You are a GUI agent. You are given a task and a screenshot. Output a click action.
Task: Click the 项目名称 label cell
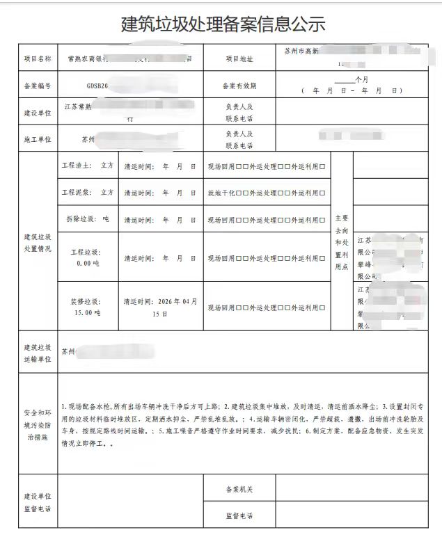(x=38, y=59)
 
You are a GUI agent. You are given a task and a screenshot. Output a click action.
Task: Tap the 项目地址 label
(x=239, y=59)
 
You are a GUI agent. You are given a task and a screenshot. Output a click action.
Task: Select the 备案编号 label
(x=38, y=86)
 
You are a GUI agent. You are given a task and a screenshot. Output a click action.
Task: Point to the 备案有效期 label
(x=239, y=86)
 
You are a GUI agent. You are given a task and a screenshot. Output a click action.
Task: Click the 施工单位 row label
(x=38, y=140)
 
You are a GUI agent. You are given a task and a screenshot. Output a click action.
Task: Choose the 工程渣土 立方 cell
(x=87, y=166)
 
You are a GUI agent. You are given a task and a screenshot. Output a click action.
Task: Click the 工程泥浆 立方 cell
(x=87, y=192)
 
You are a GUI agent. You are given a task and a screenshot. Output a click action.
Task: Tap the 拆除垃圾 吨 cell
(x=87, y=219)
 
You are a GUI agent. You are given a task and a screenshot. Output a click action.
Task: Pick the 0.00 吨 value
(x=88, y=264)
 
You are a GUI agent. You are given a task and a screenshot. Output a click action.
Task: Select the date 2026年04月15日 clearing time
(x=161, y=307)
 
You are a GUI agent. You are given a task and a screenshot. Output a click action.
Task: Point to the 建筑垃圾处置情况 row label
(x=38, y=243)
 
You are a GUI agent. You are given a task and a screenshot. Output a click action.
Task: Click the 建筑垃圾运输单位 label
(x=38, y=352)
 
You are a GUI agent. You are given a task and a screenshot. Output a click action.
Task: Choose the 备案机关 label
(x=239, y=490)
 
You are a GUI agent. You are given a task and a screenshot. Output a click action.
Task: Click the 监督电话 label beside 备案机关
(x=239, y=516)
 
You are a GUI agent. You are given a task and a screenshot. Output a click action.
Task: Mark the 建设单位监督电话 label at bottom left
(x=38, y=503)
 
